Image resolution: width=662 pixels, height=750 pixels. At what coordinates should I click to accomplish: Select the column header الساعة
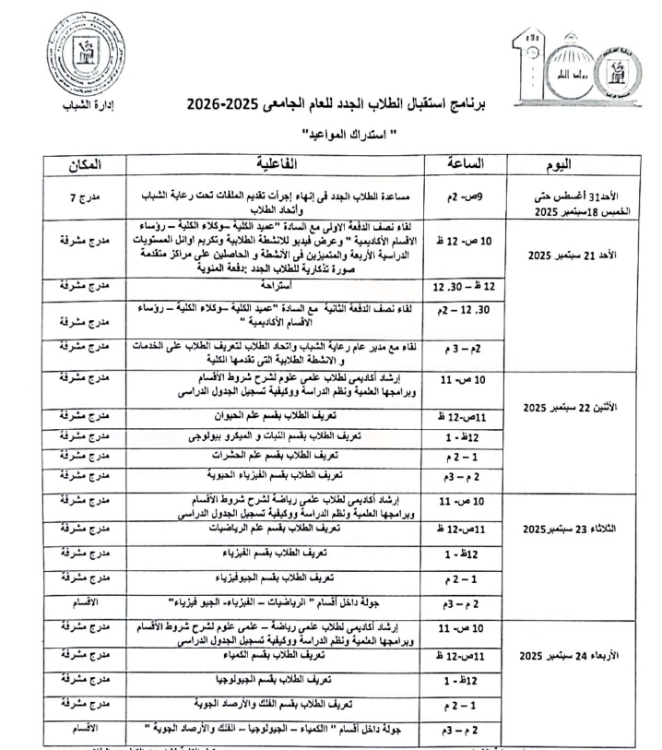coord(459,164)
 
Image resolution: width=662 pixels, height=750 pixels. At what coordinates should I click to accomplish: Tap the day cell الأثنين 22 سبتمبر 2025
coord(561,407)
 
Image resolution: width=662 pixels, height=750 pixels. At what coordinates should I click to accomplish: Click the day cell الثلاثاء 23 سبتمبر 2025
coord(561,530)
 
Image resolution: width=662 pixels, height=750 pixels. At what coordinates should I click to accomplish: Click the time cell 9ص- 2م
coord(459,196)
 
